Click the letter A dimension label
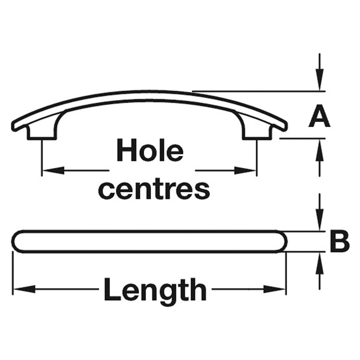point(319,116)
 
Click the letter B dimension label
point(339,242)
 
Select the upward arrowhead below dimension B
point(319,263)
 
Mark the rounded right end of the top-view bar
point(283,242)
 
